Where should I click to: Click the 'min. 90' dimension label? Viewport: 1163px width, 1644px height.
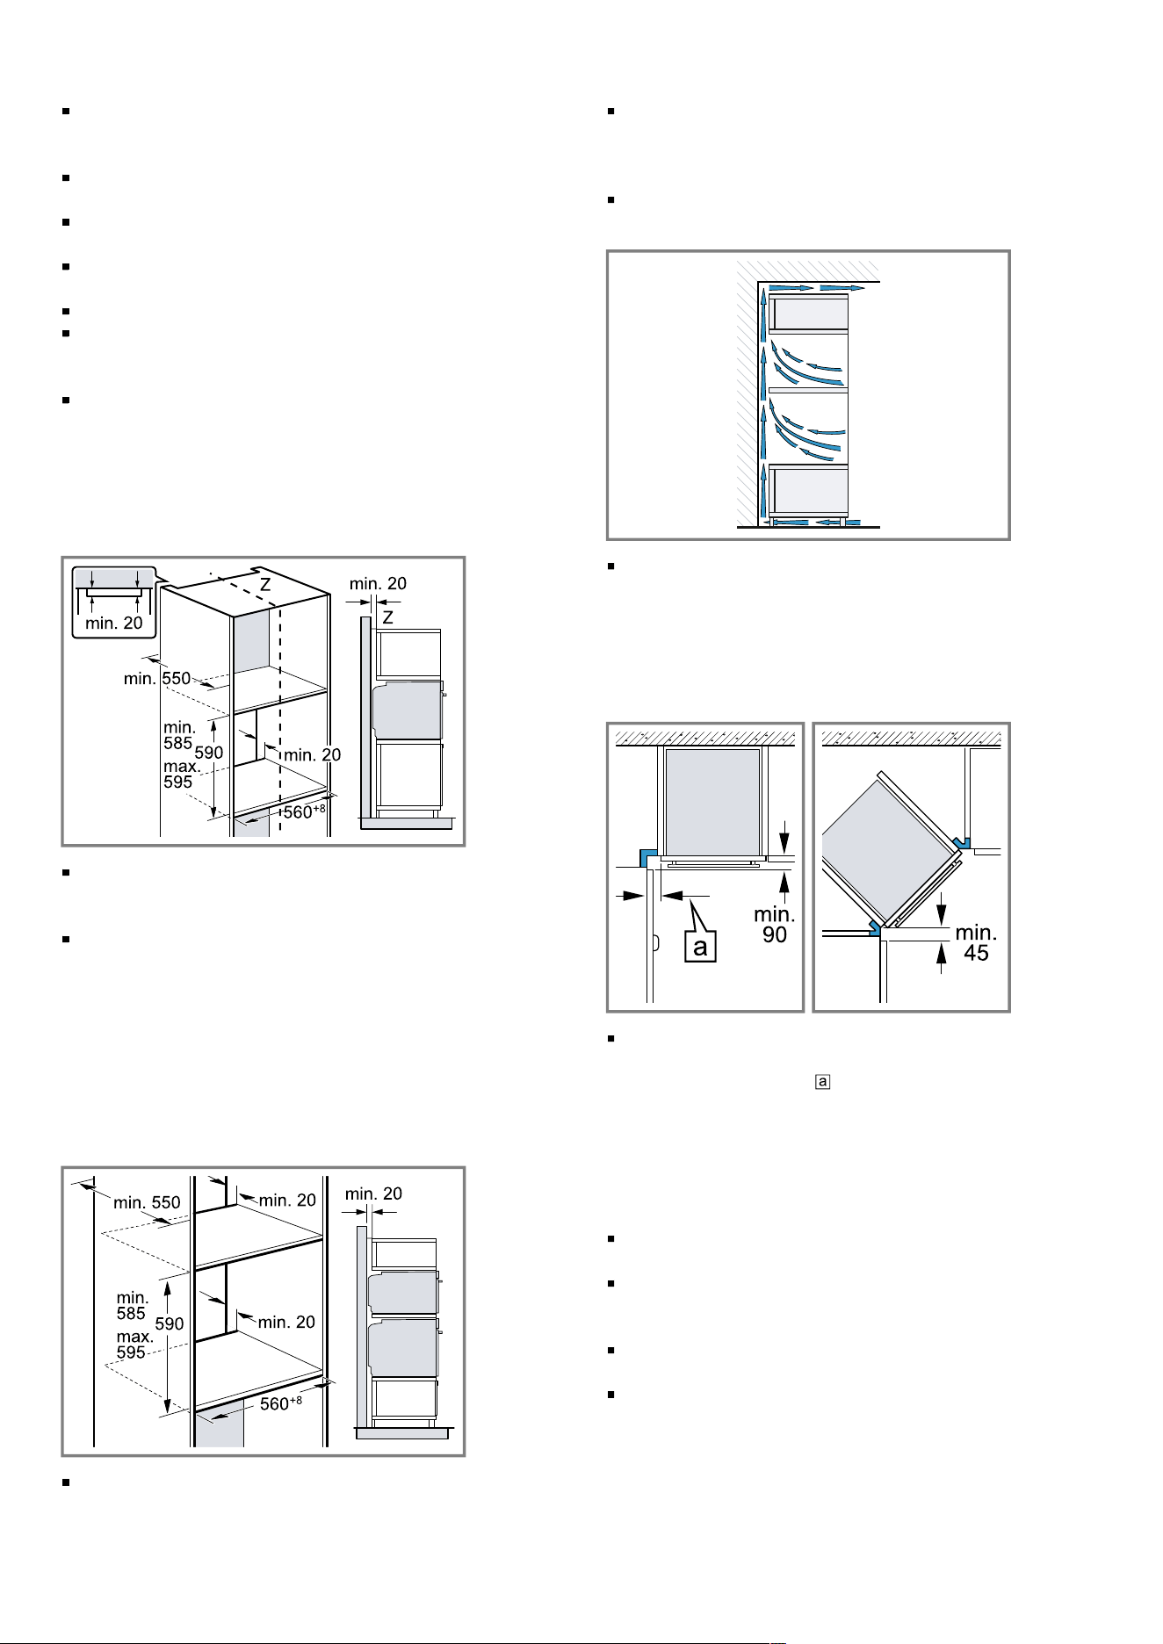point(774,925)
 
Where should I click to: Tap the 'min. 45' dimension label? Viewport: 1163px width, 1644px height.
point(976,941)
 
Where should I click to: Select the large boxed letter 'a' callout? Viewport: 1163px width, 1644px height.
point(701,948)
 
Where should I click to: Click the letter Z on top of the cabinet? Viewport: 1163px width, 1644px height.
point(264,584)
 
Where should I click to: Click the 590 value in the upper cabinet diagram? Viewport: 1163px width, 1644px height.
point(208,753)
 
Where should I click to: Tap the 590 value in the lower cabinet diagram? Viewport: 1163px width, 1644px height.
point(170,1323)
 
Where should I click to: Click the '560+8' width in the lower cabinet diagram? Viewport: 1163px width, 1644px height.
point(281,1403)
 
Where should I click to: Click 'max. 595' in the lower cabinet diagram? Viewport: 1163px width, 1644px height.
point(136,1345)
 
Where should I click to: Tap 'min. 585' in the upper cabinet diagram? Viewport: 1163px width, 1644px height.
point(179,734)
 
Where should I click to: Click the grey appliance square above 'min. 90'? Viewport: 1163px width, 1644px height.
point(712,800)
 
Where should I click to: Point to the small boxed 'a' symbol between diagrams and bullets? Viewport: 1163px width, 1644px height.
point(822,1082)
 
